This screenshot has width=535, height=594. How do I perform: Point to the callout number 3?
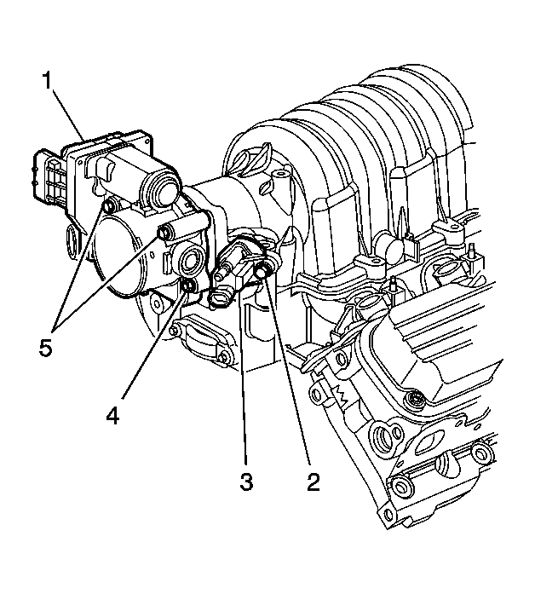pos(246,482)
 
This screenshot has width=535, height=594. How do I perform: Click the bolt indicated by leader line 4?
pos(187,288)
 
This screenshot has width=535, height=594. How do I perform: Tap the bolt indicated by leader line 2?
pos(263,270)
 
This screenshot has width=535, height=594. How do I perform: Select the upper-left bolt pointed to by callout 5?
pos(108,206)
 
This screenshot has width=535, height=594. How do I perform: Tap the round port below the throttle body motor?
pos(188,260)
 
